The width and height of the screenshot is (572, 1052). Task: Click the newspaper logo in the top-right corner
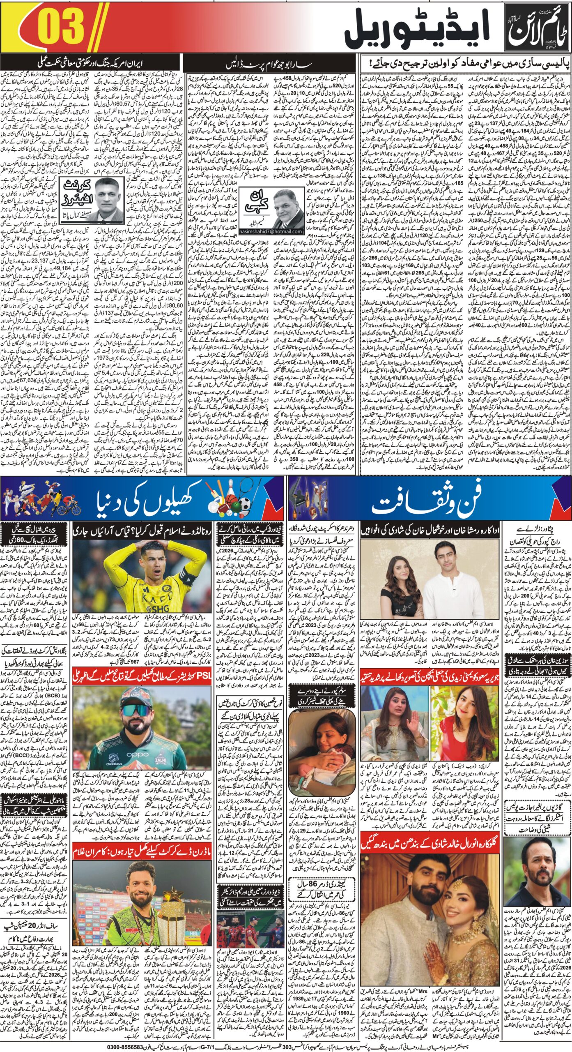coord(534,30)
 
